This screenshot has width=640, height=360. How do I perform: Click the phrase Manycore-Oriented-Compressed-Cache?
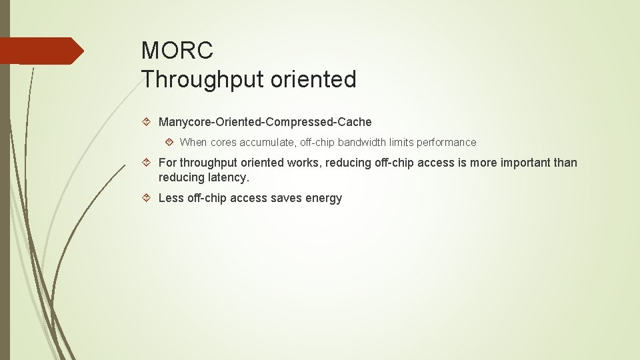tap(265, 122)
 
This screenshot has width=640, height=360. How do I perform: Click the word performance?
tap(446, 142)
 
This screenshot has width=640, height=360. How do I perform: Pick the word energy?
tap(325, 198)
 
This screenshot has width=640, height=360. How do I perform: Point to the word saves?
tap(289, 198)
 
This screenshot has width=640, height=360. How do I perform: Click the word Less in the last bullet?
tap(171, 198)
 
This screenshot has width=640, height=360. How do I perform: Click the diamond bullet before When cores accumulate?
tap(169, 142)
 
